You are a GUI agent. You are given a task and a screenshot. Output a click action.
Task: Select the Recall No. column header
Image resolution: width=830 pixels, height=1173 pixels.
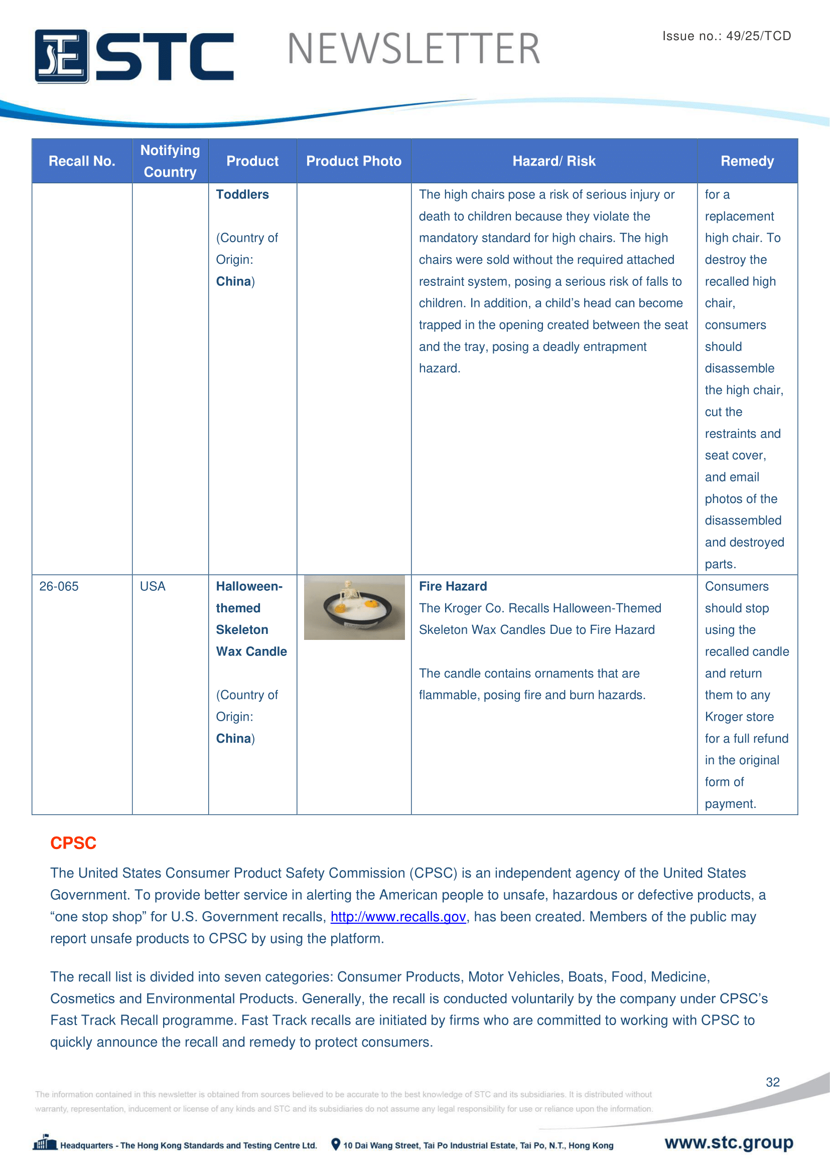pos(82,161)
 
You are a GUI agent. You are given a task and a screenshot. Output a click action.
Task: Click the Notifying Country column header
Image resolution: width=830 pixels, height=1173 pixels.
pos(170,161)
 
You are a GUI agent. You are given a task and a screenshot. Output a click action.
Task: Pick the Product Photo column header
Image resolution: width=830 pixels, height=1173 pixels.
pos(354,161)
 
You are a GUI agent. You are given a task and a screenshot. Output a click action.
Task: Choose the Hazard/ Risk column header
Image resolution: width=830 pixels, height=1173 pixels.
pos(554,161)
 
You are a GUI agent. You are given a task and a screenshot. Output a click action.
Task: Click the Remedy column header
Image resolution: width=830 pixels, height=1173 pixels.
pos(747,161)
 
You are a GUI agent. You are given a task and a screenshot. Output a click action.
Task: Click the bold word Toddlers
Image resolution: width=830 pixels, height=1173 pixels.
pos(242,195)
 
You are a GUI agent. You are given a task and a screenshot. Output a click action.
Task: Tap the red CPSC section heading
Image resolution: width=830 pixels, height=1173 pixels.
pos(73,843)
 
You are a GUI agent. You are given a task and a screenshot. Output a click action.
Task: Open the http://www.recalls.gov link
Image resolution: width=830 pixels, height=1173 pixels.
pos(398,917)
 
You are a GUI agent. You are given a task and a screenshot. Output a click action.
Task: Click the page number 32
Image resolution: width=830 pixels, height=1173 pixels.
pos(772,1082)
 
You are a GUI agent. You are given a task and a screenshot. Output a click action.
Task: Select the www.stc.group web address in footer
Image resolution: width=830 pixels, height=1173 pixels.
pos(729,1142)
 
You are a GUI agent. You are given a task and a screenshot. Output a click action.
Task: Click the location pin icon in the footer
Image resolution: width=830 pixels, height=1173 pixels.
pos(336,1144)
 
